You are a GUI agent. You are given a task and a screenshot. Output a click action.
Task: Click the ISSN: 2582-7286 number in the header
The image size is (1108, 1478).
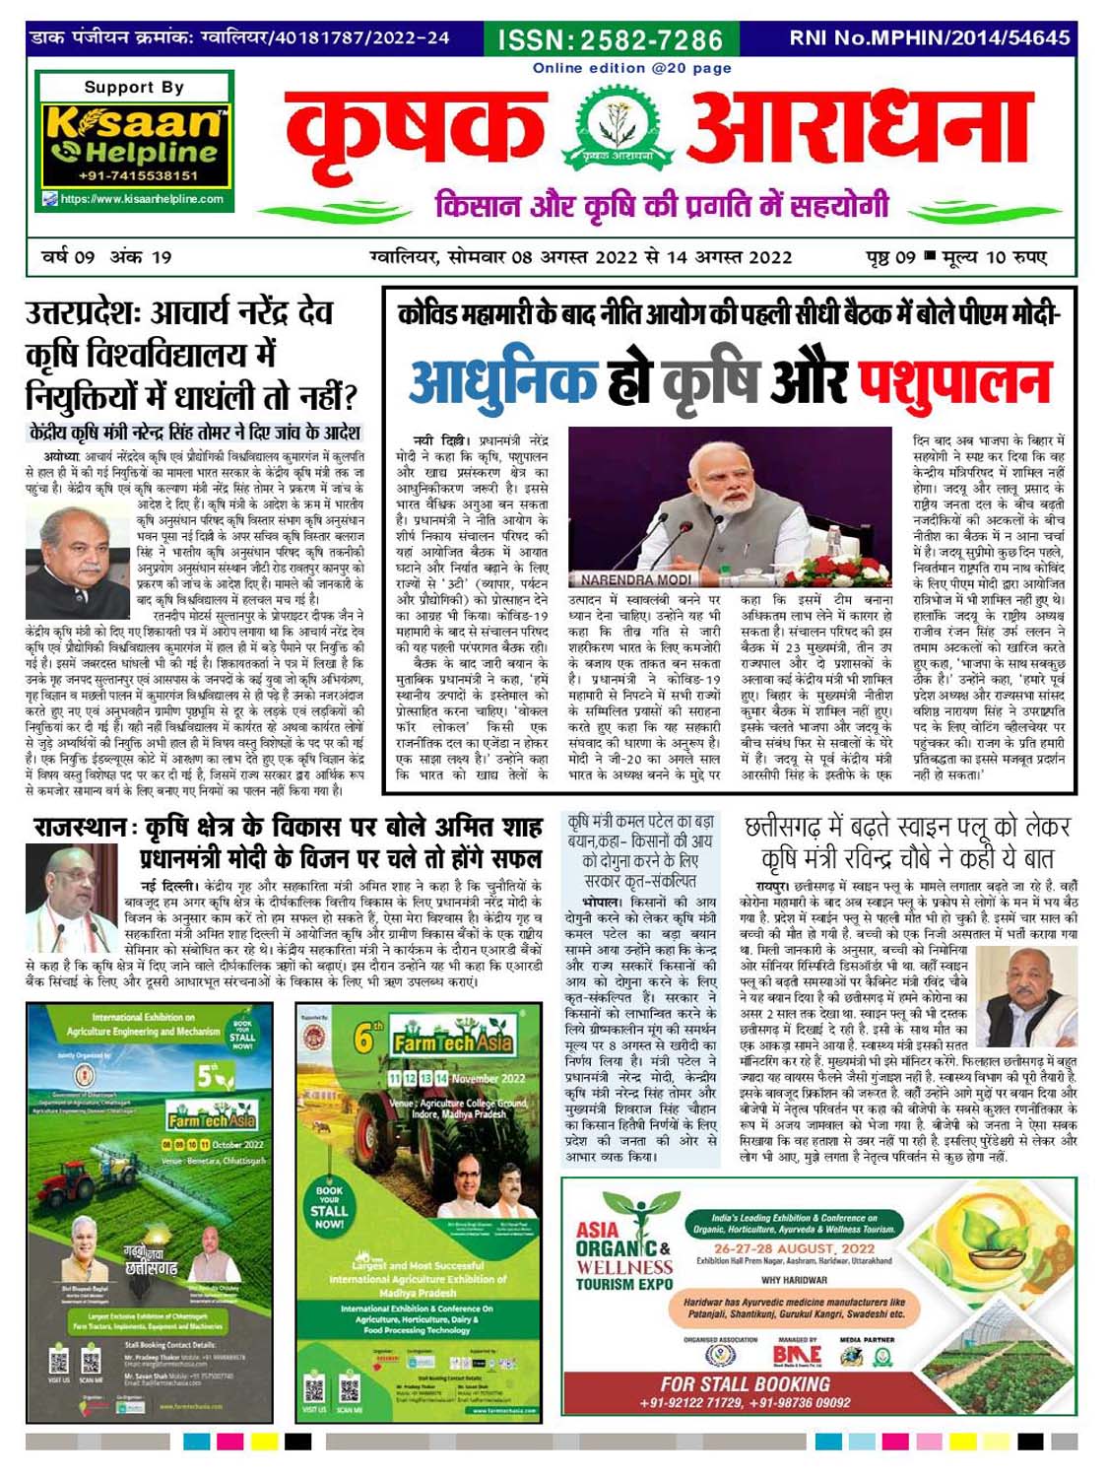tap(611, 39)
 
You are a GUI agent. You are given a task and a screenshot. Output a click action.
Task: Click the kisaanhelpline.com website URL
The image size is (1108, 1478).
tap(142, 199)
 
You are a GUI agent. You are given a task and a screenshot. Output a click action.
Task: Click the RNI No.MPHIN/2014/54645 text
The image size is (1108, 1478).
tap(929, 38)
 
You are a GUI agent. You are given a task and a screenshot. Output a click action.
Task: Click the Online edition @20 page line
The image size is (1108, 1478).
tap(631, 68)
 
